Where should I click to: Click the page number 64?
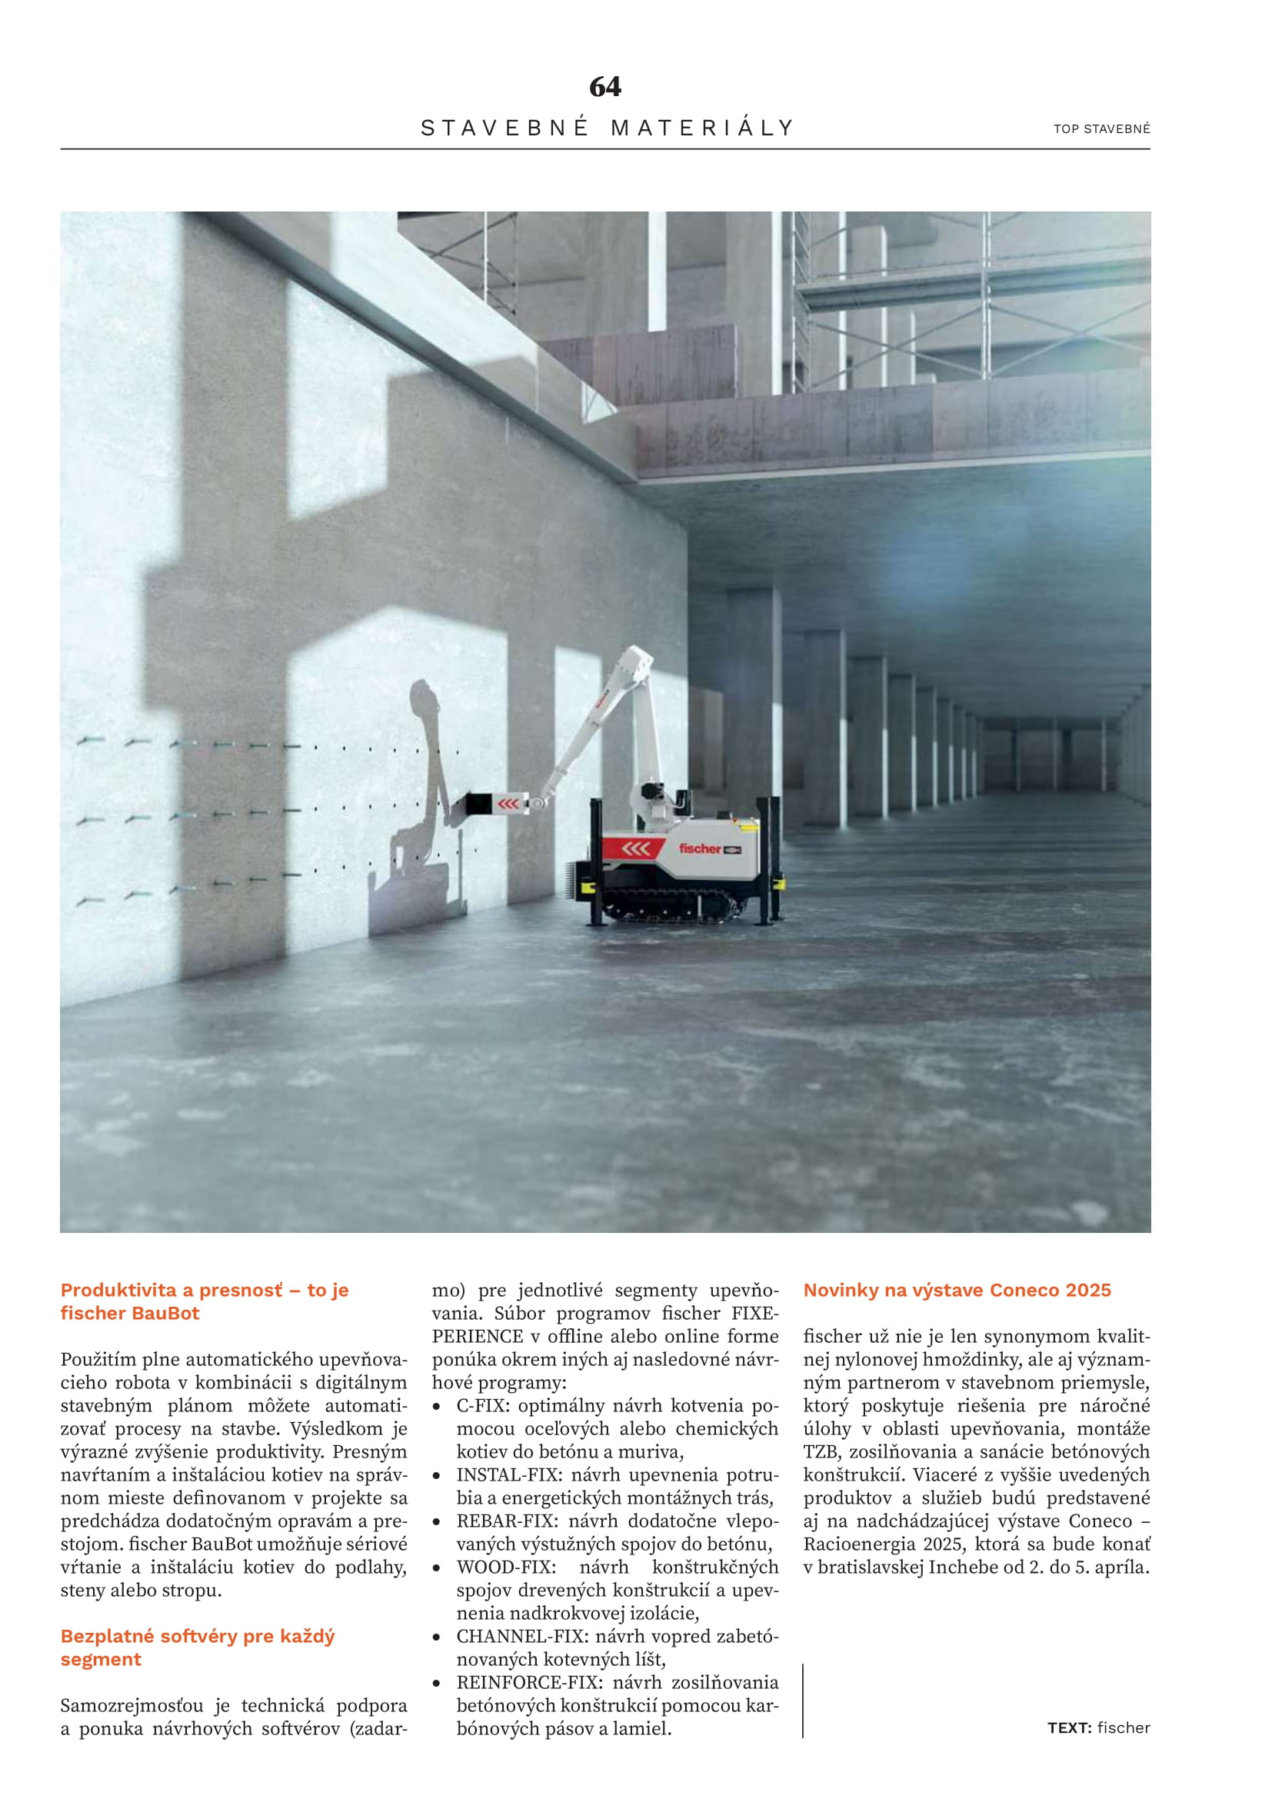[x=604, y=86]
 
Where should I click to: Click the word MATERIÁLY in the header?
[x=703, y=128]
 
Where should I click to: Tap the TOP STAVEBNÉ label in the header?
[x=1101, y=128]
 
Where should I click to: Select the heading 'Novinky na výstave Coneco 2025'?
[x=957, y=1291]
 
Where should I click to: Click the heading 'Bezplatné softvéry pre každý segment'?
[x=198, y=1647]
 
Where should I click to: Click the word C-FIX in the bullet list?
[x=481, y=1406]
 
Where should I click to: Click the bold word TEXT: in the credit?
[x=1068, y=1727]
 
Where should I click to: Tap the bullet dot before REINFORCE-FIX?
[x=437, y=1683]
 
